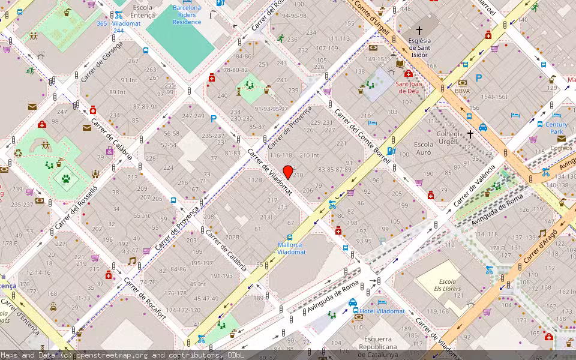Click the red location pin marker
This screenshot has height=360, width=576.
(x=288, y=172)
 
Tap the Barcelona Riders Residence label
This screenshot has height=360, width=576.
(x=187, y=15)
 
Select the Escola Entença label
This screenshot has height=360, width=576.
(x=142, y=11)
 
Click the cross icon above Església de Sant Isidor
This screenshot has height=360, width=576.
(x=419, y=30)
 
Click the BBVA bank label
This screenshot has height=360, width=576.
(x=462, y=91)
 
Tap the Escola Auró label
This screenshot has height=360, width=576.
(x=423, y=149)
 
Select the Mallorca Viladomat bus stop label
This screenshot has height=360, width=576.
(x=292, y=248)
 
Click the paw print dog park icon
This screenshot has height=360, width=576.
(x=66, y=178)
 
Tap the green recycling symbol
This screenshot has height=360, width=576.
(x=18, y=152)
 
